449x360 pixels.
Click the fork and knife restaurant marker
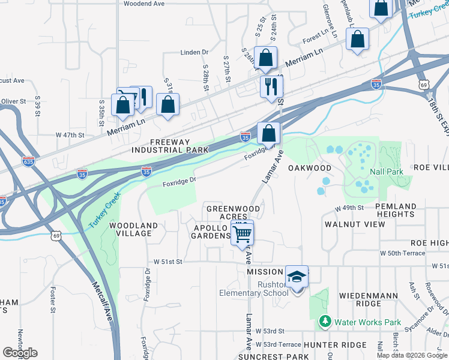pyautogui.click(x=271, y=86)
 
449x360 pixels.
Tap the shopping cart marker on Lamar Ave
pyautogui.click(x=243, y=232)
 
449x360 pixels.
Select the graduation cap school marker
pyautogui.click(x=297, y=277)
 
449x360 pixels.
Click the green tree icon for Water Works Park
pyautogui.click(x=325, y=322)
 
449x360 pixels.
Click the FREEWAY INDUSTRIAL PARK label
pyautogui.click(x=170, y=146)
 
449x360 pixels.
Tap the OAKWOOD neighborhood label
pyautogui.click(x=310, y=168)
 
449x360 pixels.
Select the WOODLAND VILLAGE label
pyautogui.click(x=133, y=230)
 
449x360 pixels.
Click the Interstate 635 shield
pyautogui.click(x=28, y=161)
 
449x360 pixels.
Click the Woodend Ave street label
pyautogui.click(x=144, y=4)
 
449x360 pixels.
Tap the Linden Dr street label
pyautogui.click(x=194, y=53)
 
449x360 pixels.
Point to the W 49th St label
pyautogui.click(x=350, y=208)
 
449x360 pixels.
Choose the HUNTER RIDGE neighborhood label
pyautogui.click(x=334, y=345)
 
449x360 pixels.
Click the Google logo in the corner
pyautogui.click(x=20, y=352)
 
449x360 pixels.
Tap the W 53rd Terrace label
pyautogui.click(x=278, y=344)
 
